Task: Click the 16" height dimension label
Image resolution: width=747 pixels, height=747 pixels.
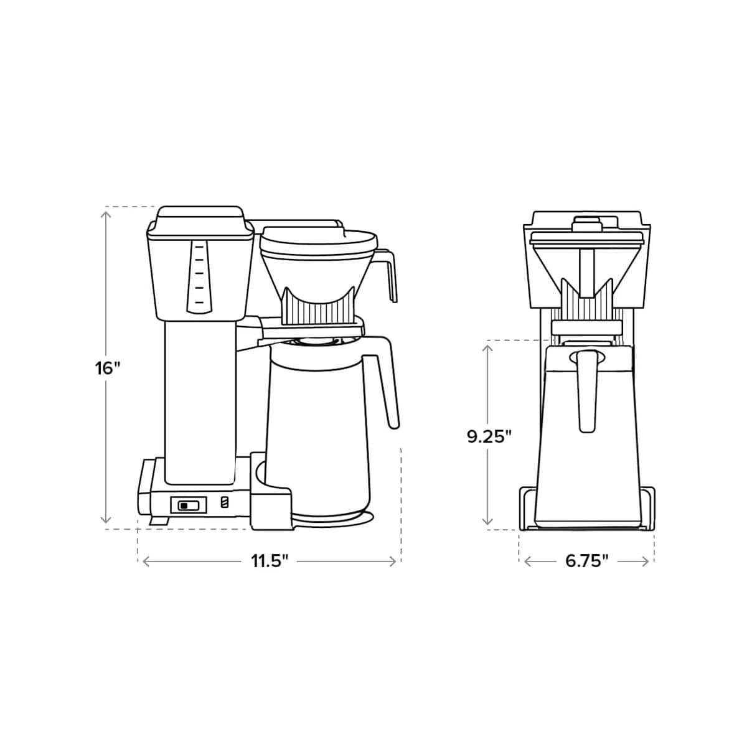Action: [107, 368]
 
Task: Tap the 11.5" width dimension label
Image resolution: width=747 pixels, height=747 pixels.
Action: [270, 561]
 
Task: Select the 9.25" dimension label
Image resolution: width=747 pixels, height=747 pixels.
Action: [489, 436]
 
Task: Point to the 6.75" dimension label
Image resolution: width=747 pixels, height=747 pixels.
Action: [586, 561]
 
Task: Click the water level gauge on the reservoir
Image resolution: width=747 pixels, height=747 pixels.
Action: [198, 274]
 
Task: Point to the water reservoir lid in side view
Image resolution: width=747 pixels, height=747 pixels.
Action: [199, 219]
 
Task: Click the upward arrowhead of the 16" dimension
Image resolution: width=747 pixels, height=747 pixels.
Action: [106, 213]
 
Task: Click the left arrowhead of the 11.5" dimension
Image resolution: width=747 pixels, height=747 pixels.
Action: [145, 561]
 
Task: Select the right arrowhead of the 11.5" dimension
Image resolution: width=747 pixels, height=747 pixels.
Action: [393, 561]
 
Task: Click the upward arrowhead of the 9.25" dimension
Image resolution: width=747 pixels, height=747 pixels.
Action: [489, 347]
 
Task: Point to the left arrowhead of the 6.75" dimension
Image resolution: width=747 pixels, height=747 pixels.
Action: [527, 561]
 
